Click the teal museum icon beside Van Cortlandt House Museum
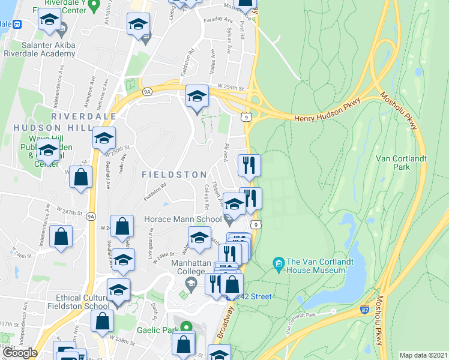[x=278, y=263]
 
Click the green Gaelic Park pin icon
[x=186, y=328]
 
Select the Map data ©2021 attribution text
[x=423, y=355]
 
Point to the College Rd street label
[x=206, y=197]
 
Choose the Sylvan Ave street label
[x=229, y=42]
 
